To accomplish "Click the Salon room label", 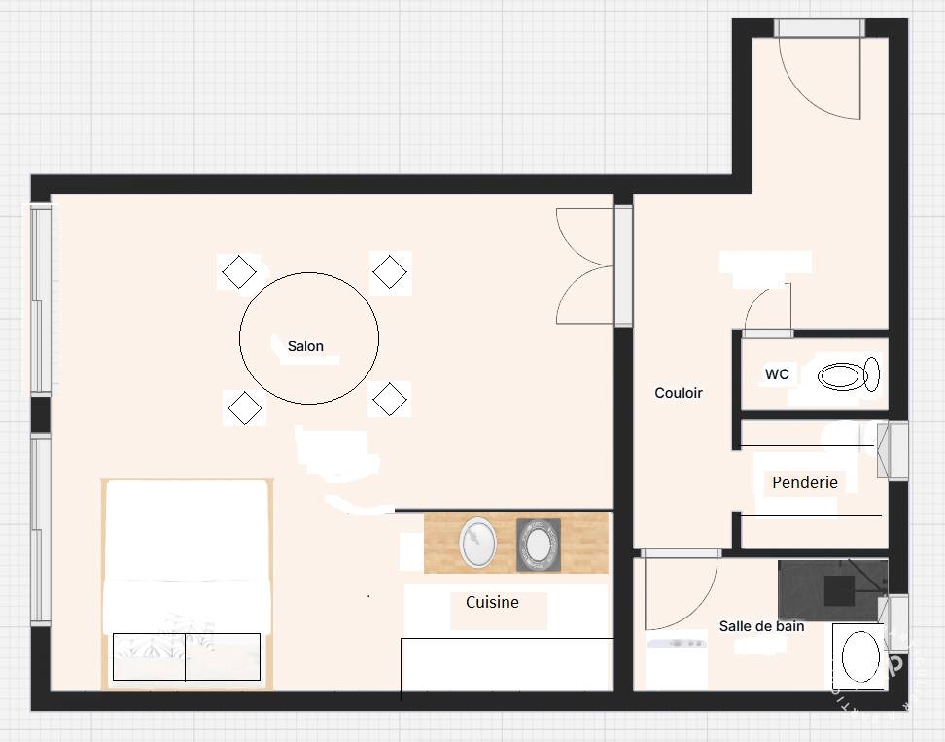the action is click(x=305, y=346).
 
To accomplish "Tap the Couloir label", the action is click(x=679, y=393).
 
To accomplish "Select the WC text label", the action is click(x=777, y=374).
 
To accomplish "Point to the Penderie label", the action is click(x=805, y=482).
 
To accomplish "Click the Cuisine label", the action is click(x=492, y=602).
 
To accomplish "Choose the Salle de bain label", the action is click(x=762, y=626).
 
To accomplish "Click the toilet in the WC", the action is click(x=849, y=375).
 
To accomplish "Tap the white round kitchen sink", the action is click(x=477, y=542).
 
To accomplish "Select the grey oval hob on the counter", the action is click(x=539, y=545).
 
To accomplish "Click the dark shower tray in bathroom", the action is click(x=832, y=590).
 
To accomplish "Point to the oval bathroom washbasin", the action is click(x=860, y=657).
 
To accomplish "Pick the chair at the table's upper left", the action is click(x=238, y=271).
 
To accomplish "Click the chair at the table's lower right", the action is click(x=389, y=399).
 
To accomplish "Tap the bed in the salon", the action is click(x=188, y=583).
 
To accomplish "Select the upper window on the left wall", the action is click(x=41, y=300).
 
